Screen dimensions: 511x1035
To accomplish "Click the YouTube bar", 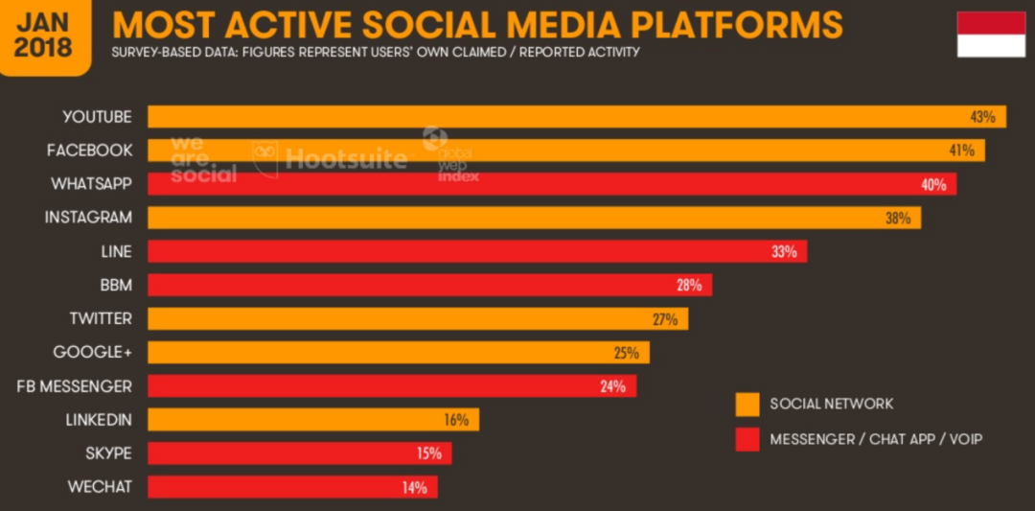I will click(575, 117).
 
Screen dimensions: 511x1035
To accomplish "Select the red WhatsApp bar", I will click(551, 184).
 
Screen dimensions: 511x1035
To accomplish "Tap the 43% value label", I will click(982, 117).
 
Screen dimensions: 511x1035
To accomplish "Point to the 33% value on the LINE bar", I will click(784, 252).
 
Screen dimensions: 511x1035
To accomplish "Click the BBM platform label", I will click(115, 285).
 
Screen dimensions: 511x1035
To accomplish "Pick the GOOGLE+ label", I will click(92, 352).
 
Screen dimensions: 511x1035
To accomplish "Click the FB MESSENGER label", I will click(75, 385).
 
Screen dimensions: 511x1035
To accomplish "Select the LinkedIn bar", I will click(312, 420).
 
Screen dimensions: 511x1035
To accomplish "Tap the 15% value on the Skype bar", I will click(428, 453).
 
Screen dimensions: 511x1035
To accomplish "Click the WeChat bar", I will click(292, 487).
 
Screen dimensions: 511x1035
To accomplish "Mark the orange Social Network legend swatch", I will click(747, 404).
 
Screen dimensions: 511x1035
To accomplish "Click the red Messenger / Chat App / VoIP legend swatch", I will click(747, 439).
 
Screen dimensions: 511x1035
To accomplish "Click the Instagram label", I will click(88, 218).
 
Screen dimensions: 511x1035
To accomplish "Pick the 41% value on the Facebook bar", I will click(961, 151).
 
